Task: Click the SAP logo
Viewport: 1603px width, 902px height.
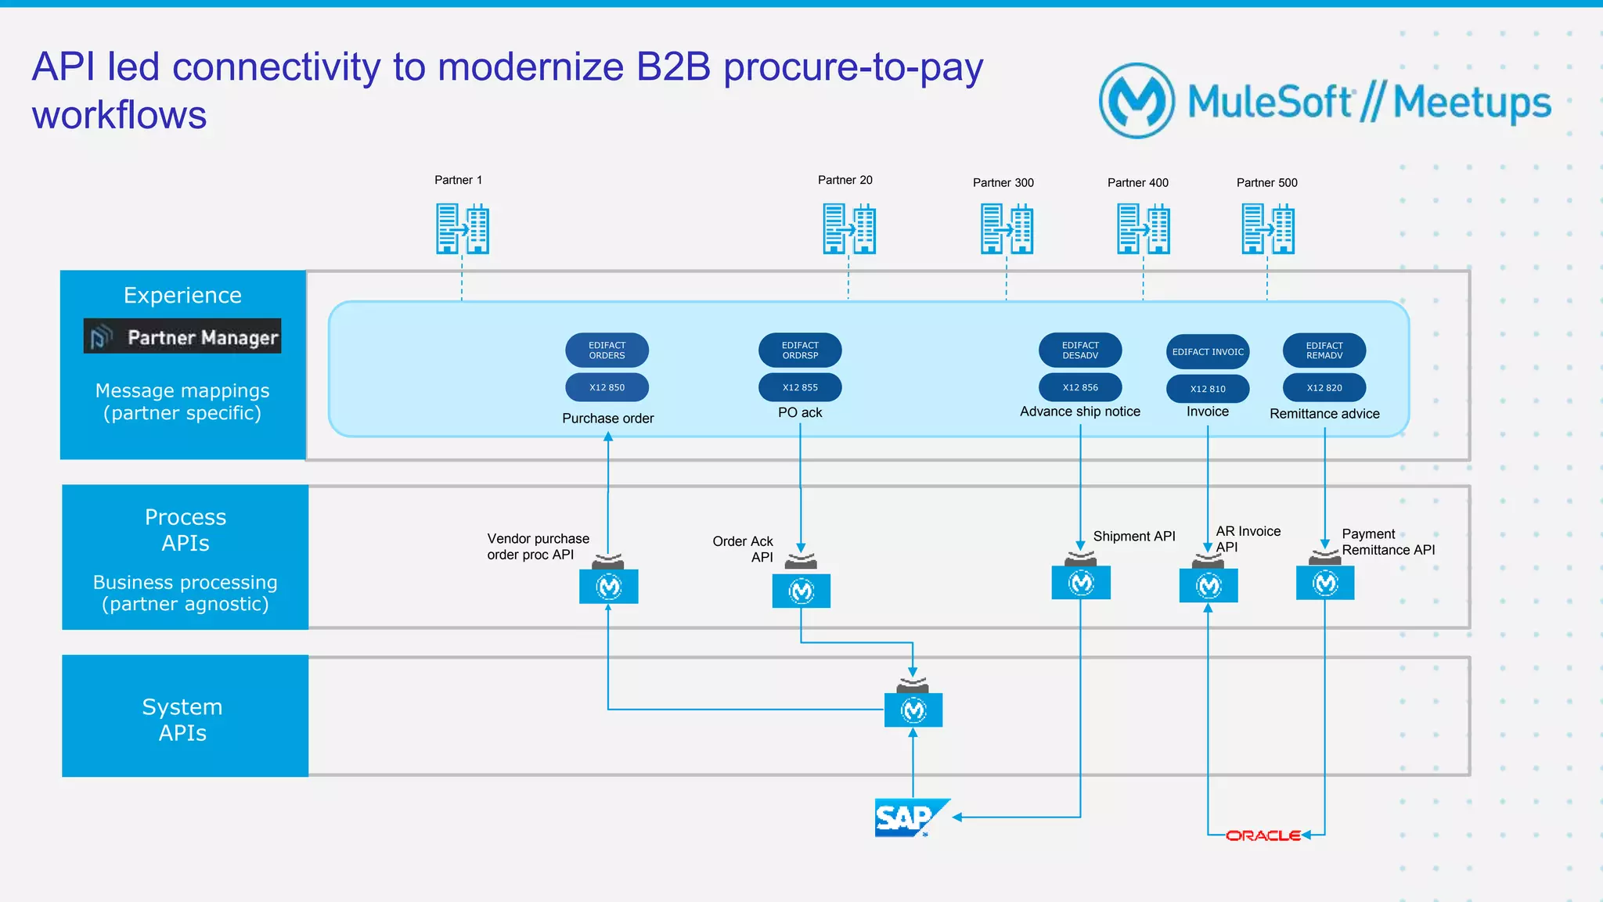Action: click(908, 818)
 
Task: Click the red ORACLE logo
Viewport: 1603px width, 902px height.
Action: click(1263, 836)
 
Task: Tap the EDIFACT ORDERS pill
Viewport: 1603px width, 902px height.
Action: click(607, 350)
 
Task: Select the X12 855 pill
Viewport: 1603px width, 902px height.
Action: click(800, 387)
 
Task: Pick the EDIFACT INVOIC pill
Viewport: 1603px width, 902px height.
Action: click(1208, 352)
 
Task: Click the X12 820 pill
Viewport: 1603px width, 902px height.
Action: click(1324, 387)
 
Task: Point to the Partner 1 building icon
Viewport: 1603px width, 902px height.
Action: click(463, 229)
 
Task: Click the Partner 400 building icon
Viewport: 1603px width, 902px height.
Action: click(1143, 229)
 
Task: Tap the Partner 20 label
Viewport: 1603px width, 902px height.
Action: click(845, 180)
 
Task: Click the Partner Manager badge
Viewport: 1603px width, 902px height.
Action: click(182, 336)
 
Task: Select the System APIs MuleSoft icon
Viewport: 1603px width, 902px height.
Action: click(913, 710)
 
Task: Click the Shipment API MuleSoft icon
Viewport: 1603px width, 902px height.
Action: click(1081, 583)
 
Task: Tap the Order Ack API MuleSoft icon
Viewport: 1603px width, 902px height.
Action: click(801, 591)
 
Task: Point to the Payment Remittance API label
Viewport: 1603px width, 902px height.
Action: click(1388, 542)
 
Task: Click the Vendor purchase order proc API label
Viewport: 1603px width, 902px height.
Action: click(538, 547)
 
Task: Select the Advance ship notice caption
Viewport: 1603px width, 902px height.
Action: click(1080, 411)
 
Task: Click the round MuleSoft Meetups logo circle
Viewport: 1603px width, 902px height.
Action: click(1137, 101)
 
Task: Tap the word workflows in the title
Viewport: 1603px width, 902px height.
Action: click(120, 116)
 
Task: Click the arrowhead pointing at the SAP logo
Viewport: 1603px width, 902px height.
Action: click(957, 818)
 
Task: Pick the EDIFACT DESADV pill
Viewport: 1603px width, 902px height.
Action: click(1080, 350)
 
